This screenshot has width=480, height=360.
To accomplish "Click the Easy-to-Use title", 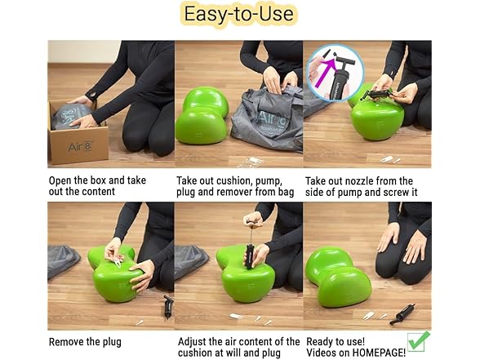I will pyautogui.click(x=238, y=16).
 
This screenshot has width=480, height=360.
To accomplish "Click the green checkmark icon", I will pyautogui.click(x=418, y=340).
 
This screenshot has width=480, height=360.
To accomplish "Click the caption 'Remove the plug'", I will pyautogui.click(x=85, y=341).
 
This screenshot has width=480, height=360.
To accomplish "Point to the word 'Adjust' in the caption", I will pyautogui.click(x=193, y=341).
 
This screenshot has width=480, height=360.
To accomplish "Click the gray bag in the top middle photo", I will pyautogui.click(x=256, y=119).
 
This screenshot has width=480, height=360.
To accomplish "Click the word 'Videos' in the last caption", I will pyautogui.click(x=323, y=353).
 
